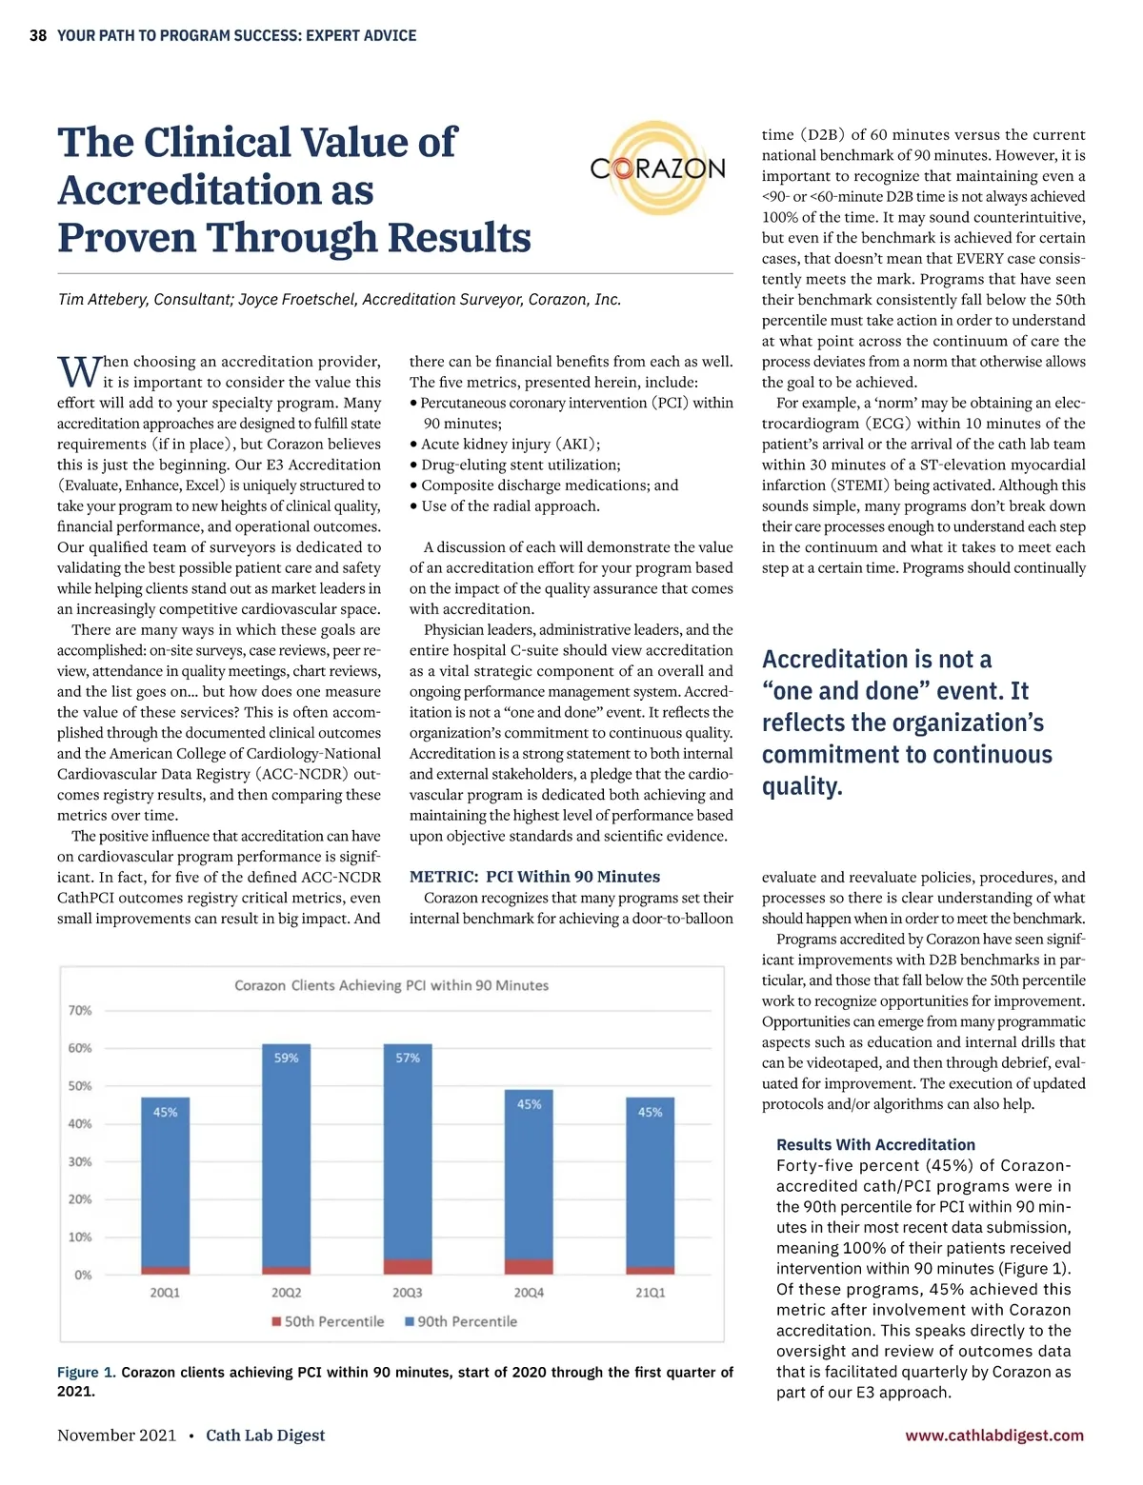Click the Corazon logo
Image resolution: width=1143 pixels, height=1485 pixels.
(657, 169)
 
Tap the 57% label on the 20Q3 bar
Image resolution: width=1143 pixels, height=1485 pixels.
(408, 1058)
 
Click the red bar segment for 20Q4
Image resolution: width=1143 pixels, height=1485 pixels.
(529, 1266)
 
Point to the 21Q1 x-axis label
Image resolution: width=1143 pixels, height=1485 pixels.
(651, 1293)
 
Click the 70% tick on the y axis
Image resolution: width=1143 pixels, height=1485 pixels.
(80, 1010)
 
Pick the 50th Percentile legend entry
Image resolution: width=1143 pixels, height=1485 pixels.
(328, 1321)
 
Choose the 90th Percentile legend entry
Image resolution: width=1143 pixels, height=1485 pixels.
(461, 1321)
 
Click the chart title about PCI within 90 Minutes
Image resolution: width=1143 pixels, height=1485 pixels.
(391, 985)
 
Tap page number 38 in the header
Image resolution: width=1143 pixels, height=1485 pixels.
(38, 36)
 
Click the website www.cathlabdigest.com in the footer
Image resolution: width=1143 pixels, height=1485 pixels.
(994, 1435)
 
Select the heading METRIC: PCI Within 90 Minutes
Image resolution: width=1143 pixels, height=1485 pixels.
(534, 877)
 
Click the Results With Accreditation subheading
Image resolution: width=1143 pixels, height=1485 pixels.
(875, 1144)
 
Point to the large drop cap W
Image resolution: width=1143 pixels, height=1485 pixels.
(79, 371)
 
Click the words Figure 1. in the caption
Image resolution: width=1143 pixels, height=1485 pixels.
(87, 1372)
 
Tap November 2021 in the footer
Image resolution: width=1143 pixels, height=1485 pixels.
(116, 1435)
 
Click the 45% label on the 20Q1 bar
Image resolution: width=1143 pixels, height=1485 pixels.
(165, 1112)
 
